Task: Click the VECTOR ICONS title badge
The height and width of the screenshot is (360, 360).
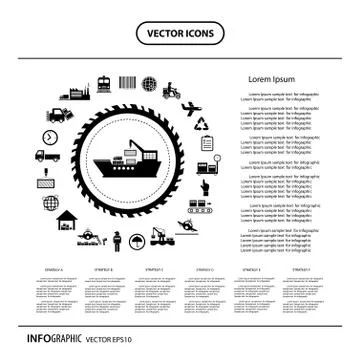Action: pyautogui.click(x=180, y=31)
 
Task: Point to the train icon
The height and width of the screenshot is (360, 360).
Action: pyautogui.click(x=103, y=84)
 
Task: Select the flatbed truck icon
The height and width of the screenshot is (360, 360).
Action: pyautogui.click(x=46, y=157)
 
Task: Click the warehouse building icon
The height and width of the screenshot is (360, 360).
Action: pyautogui.click(x=66, y=220)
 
